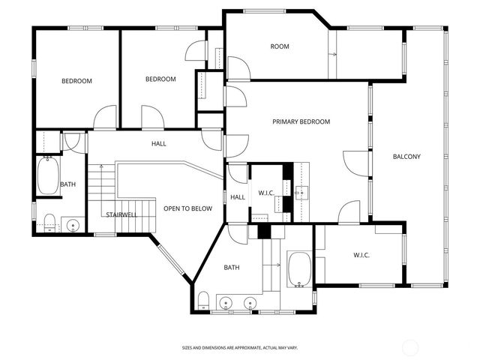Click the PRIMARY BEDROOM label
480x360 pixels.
pyautogui.click(x=301, y=121)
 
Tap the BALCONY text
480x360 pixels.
pyautogui.click(x=406, y=157)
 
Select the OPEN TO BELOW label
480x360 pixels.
pyautogui.click(x=187, y=208)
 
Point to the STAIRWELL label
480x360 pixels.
pyautogui.click(x=121, y=214)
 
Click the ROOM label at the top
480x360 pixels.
pyautogui.click(x=280, y=46)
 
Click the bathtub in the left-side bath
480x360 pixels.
pyautogui.click(x=49, y=176)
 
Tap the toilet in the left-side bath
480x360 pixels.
pyautogui.click(x=49, y=220)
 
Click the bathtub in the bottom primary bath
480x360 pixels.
pyautogui.click(x=299, y=269)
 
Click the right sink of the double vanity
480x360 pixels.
pyautogui.click(x=250, y=303)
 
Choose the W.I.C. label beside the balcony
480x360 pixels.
pyautogui.click(x=361, y=255)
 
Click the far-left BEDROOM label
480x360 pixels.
pyautogui.click(x=76, y=81)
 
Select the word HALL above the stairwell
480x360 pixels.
pyautogui.click(x=159, y=144)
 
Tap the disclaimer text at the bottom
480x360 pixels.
pyautogui.click(x=240, y=348)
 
